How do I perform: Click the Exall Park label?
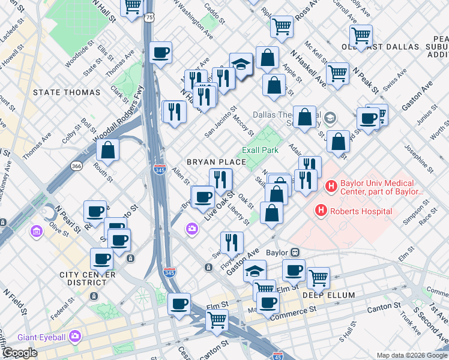pyautogui.click(x=260, y=149)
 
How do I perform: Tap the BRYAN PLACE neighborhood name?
pyautogui.click(x=216, y=162)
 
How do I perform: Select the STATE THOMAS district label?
pyautogui.click(x=67, y=92)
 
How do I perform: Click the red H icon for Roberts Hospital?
pyautogui.click(x=321, y=211)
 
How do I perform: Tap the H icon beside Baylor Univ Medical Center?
pyautogui.click(x=331, y=187)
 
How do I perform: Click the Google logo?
pyautogui.click(x=20, y=353)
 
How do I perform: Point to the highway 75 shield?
pyautogui.click(x=148, y=19)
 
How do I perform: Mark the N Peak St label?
pyautogui.click(x=365, y=79)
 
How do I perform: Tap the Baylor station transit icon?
pyautogui.click(x=295, y=253)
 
